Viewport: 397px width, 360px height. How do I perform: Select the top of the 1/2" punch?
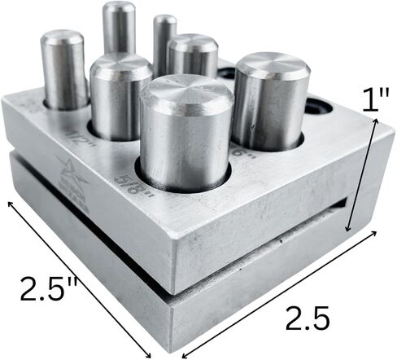tap(121, 67)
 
